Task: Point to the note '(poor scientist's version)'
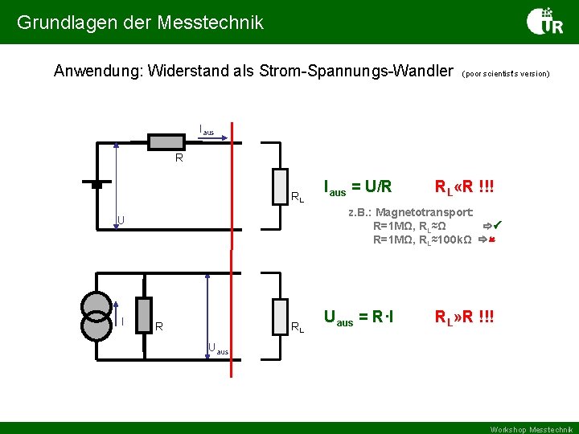pos(506,73)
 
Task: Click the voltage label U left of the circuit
pos(120,219)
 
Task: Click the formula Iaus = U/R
pos(357,187)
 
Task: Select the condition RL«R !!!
pos(464,188)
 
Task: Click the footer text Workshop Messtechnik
pos(532,428)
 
